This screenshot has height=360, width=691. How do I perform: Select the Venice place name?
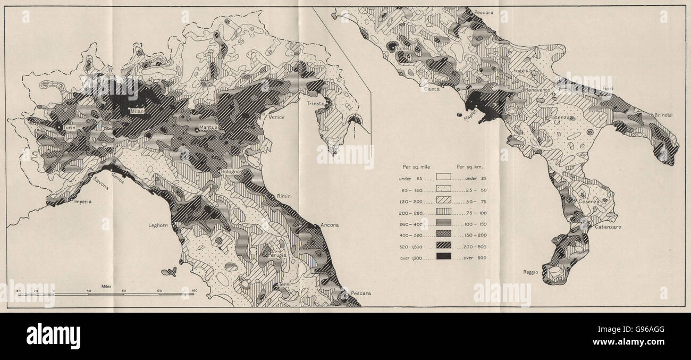point(276,117)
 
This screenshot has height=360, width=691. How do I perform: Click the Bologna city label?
point(233,172)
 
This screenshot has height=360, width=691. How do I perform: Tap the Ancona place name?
point(329,225)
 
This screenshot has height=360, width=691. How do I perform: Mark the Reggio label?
point(530,272)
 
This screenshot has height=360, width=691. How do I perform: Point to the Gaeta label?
point(431,89)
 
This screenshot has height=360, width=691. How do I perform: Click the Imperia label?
point(82,202)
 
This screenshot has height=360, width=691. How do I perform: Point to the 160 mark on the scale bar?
point(194,290)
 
